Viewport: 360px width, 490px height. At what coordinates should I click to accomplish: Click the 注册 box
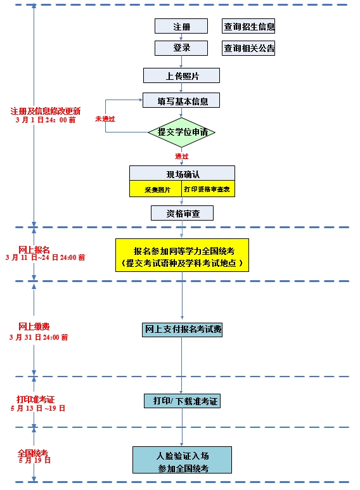tap(181, 27)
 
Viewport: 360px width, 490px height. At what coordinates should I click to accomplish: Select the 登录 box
tap(181, 48)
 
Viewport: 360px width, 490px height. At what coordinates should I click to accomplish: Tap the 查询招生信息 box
tap(248, 27)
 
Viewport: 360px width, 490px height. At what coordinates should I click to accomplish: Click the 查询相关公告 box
tap(248, 48)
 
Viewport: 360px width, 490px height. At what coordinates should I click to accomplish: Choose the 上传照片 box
tap(181, 75)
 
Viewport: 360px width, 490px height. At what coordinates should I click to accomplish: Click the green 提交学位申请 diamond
tap(182, 132)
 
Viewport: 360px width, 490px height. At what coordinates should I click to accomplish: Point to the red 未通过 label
tap(105, 119)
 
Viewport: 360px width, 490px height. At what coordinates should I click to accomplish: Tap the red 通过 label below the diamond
tap(182, 156)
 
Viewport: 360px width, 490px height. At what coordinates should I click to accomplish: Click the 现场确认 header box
tap(182, 173)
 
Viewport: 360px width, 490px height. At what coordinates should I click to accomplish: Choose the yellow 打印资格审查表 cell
tap(203, 189)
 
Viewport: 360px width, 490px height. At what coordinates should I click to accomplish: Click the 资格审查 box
tap(182, 214)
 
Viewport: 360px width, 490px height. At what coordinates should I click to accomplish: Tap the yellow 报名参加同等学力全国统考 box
tap(182, 255)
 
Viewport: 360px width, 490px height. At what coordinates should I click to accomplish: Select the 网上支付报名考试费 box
tap(182, 329)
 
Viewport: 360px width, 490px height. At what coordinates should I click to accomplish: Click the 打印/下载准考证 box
tap(182, 401)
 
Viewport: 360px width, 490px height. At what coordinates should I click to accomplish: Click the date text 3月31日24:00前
tap(39, 337)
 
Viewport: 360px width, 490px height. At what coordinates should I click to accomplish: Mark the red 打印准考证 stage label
tap(35, 399)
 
